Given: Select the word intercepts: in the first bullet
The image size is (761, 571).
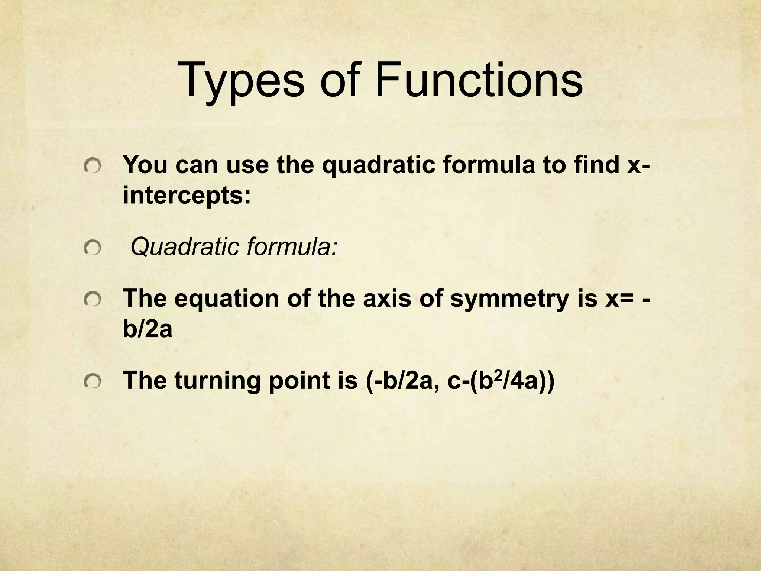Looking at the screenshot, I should (187, 196).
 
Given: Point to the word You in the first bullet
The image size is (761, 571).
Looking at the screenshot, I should (145, 165).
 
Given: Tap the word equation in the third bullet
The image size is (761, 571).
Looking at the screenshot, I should (226, 299).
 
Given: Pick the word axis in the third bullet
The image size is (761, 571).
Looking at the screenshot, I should (387, 299).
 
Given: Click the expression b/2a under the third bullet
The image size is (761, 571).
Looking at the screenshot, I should (148, 329).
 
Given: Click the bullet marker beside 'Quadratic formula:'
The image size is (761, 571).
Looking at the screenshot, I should (92, 248).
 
